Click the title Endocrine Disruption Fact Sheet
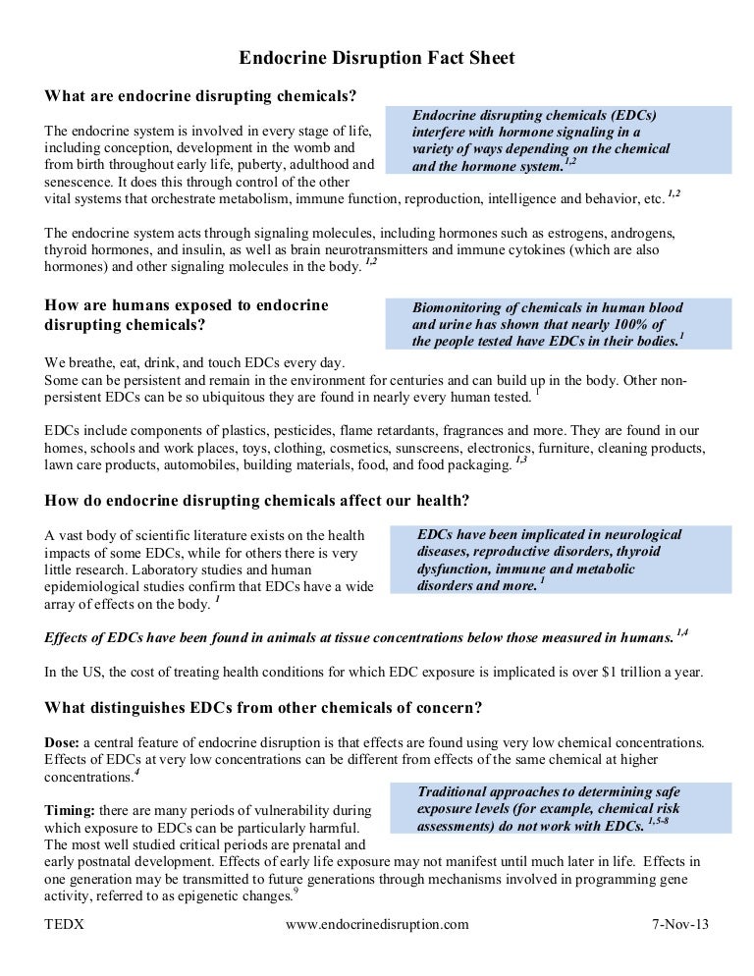377,59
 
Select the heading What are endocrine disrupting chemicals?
200,95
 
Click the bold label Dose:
66,742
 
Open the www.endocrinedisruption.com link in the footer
377,924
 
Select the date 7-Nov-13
679,924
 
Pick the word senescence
84,182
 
